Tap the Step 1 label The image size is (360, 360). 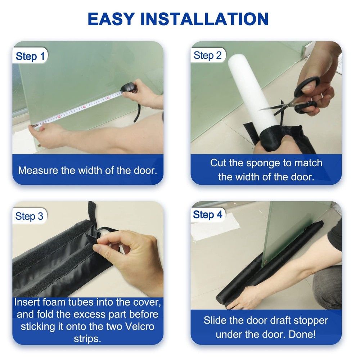(x=31, y=57)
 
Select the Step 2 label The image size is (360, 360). (x=208, y=55)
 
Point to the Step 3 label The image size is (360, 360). (x=29, y=216)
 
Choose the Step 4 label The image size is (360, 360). (x=208, y=215)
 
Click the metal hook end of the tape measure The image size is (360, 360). (x=35, y=125)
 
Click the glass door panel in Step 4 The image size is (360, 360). (x=288, y=230)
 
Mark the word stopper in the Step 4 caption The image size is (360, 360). (x=310, y=320)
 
